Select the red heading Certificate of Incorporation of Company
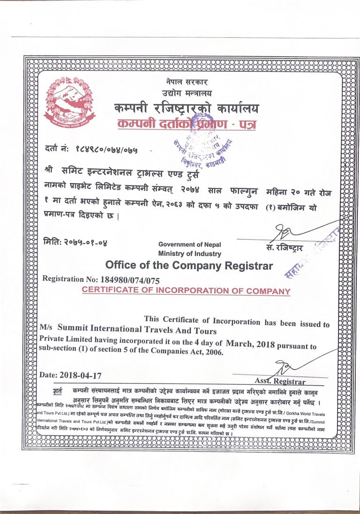(x=186, y=291)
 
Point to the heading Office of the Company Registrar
(x=189, y=266)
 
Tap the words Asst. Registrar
(x=280, y=381)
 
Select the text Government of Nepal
(x=189, y=245)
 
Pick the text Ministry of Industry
(x=189, y=253)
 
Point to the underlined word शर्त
(x=57, y=392)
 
